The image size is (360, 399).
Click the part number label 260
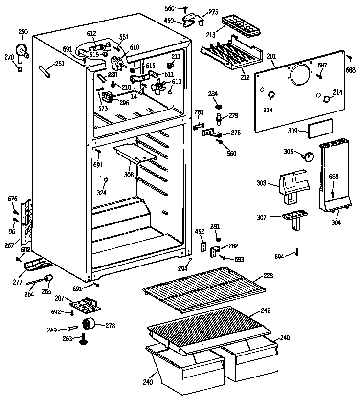click(23, 32)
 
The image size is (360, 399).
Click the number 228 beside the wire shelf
click(268, 276)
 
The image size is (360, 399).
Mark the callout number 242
click(266, 310)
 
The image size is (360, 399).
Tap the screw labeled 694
click(297, 253)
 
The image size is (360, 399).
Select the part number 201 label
click(271, 57)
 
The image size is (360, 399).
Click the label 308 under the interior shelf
click(129, 174)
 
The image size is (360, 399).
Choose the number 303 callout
click(261, 183)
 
